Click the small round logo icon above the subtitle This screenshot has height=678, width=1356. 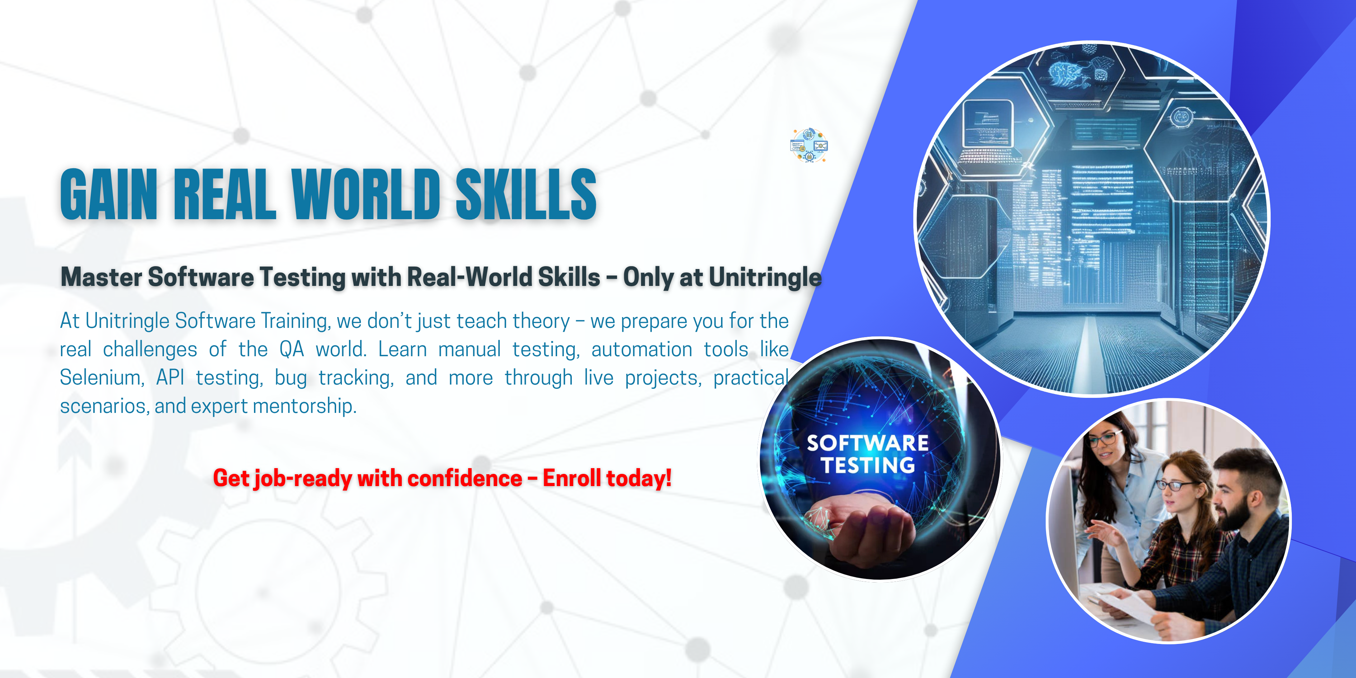point(809,145)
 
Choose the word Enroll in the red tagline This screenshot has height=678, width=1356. point(572,478)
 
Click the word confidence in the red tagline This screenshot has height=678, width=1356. point(465,478)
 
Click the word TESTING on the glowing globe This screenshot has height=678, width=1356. point(867,465)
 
